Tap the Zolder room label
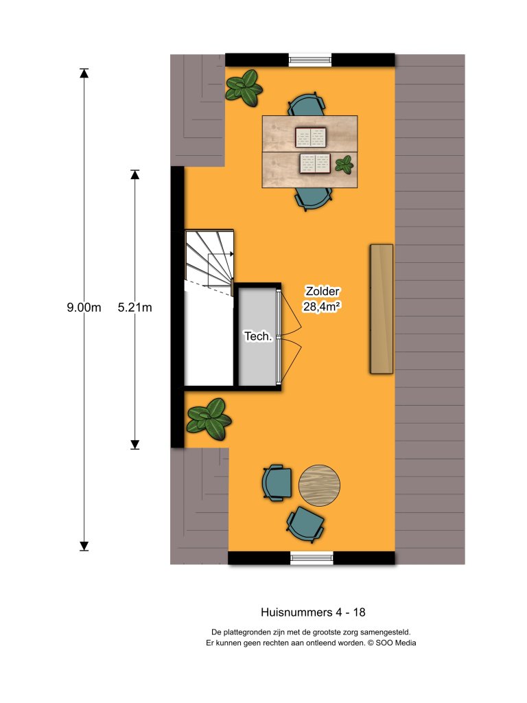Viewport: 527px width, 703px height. point(323,291)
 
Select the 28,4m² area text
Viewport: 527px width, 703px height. point(323,307)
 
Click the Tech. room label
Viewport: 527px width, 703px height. point(259,336)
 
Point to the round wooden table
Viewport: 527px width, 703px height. point(320,485)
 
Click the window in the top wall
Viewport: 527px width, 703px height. point(310,60)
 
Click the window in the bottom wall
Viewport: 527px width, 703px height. point(312,557)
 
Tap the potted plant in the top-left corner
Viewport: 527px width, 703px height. point(244,87)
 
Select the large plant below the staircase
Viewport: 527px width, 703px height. point(209,418)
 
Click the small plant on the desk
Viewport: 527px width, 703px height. point(344,164)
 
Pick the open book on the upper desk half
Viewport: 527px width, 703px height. point(310,137)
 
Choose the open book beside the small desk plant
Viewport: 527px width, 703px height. point(315,163)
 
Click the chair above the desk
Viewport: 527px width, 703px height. point(305,105)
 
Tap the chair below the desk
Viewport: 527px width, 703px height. point(314,198)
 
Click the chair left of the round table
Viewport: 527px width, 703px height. point(277,483)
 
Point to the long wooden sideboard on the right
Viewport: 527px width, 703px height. point(382,309)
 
